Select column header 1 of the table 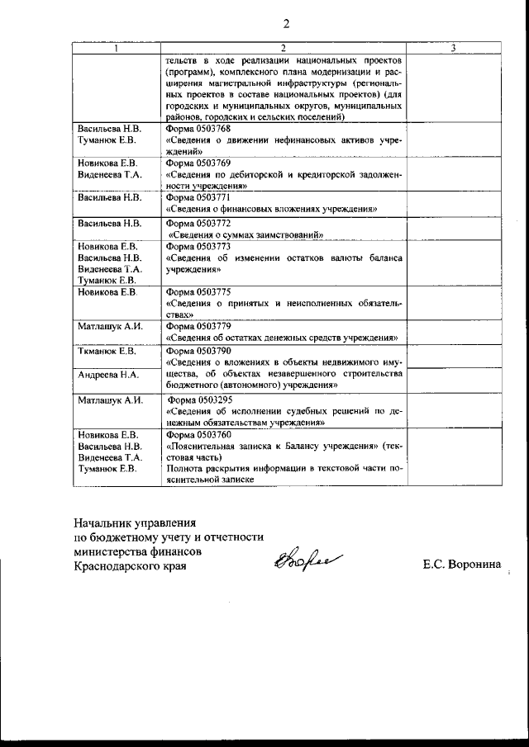[x=116, y=50]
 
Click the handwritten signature [x=295, y=563]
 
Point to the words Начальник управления [x=134, y=523]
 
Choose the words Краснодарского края [x=129, y=565]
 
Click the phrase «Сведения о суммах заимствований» [x=244, y=234]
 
